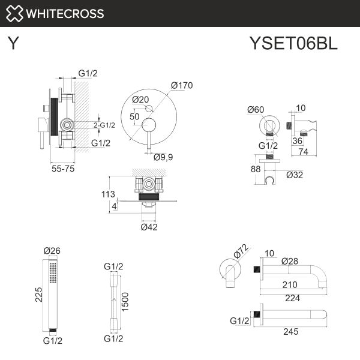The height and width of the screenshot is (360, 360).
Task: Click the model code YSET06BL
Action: (x=293, y=44)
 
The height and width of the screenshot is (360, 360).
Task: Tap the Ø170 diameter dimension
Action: (x=182, y=85)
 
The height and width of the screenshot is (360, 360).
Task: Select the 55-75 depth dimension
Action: (x=62, y=169)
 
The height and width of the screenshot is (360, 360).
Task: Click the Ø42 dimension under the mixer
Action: (x=149, y=227)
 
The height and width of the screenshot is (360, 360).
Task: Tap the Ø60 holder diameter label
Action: (x=256, y=109)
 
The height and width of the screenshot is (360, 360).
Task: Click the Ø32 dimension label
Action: (x=295, y=175)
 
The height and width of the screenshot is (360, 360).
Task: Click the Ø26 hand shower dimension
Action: (x=52, y=251)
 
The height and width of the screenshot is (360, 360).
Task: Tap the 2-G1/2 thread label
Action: (x=104, y=125)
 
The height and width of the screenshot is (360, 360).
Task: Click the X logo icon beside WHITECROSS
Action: (x=16, y=13)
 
